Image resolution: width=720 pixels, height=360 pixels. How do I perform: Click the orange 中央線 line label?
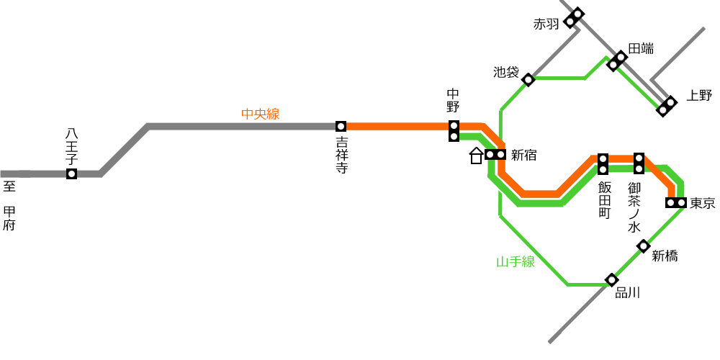click(261, 114)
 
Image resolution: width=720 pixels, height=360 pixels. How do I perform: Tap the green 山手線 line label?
click(516, 262)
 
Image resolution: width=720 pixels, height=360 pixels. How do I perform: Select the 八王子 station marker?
click(71, 174)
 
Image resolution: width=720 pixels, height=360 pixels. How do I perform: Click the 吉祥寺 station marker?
click(341, 126)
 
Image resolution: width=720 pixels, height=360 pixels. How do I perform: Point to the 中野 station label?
click(453, 101)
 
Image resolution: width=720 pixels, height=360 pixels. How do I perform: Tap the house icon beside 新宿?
click(476, 156)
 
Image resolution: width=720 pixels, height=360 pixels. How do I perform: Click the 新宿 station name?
click(524, 156)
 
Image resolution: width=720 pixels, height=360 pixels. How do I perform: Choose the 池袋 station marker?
click(528, 80)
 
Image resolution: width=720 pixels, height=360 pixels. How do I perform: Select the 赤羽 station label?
click(546, 24)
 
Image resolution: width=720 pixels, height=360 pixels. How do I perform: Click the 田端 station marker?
click(617, 61)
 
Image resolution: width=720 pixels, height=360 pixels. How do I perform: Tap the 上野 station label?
click(699, 96)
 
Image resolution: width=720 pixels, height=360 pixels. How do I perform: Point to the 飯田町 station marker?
click(603, 164)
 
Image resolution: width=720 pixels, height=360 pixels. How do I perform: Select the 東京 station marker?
click(676, 202)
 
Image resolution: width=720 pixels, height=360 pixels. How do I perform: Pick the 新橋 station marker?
click(643, 246)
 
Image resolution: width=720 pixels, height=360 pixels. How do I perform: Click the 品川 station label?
click(627, 292)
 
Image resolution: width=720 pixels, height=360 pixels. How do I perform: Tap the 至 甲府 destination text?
click(9, 206)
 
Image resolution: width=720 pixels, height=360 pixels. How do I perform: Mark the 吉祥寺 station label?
click(341, 155)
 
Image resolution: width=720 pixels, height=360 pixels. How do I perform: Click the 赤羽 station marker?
click(574, 18)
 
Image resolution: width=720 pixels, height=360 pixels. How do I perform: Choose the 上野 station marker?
click(667, 106)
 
